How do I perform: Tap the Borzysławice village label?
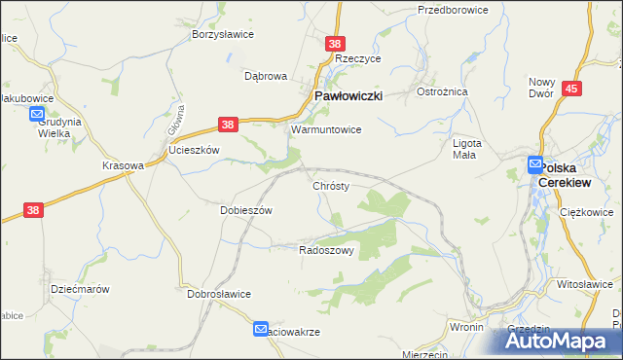click(223, 35)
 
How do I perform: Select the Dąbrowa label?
click(266, 75)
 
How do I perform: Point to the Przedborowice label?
click(452, 10)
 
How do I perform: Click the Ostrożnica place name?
click(443, 90)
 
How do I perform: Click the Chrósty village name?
click(331, 185)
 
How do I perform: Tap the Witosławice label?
click(584, 283)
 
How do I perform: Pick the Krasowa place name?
click(123, 165)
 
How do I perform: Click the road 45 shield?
click(572, 89)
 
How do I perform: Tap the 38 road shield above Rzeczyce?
click(335, 44)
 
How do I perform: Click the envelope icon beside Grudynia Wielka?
click(37, 115)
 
